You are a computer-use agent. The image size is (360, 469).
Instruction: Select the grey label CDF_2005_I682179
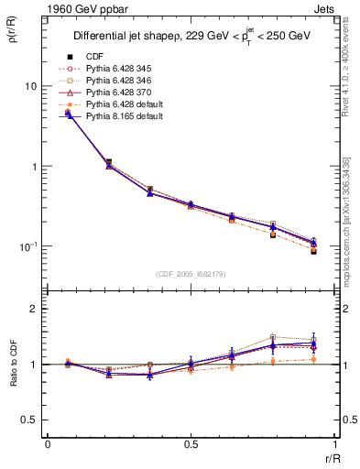click(x=191, y=274)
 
